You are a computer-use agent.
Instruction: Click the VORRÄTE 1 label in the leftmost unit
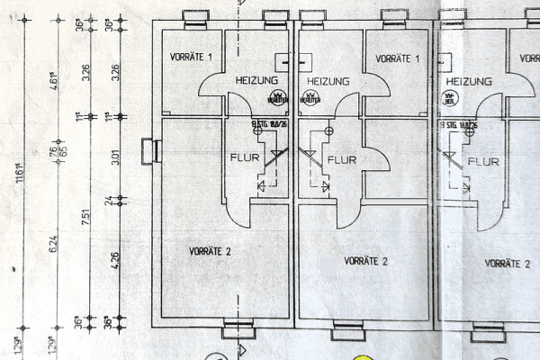(x=191, y=58)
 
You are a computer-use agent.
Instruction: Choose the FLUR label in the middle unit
(x=344, y=160)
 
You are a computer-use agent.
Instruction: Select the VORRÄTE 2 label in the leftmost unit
(x=211, y=251)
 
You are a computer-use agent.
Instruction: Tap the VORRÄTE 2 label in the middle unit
(x=365, y=261)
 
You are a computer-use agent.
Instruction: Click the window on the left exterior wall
(x=149, y=149)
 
